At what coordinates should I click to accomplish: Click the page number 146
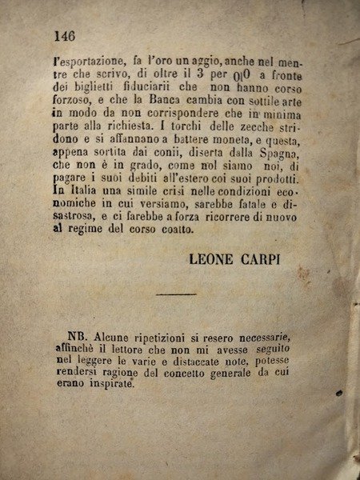(x=64, y=35)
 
